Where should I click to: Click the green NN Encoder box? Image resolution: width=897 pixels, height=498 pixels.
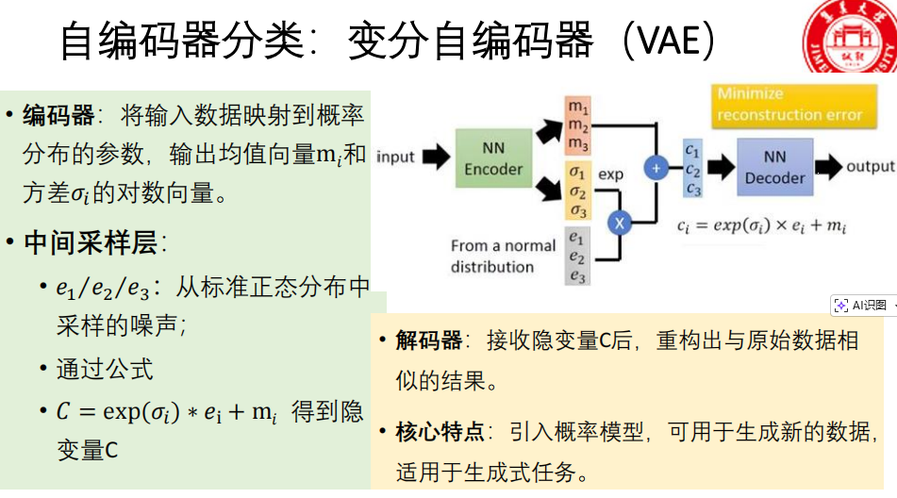493,160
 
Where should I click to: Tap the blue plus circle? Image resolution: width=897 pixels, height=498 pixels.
656,168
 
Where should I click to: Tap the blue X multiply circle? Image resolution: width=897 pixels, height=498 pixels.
620,223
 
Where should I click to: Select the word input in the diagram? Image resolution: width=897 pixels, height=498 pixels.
395,157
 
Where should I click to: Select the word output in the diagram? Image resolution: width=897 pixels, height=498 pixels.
869,167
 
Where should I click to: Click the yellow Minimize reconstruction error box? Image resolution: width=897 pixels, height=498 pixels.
789,105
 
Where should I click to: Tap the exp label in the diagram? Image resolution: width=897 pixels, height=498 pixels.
611,174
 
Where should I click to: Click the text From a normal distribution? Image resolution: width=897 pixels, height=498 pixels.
504,256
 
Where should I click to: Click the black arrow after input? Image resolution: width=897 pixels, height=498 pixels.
435,157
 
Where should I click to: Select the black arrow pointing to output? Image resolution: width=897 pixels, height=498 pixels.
828,167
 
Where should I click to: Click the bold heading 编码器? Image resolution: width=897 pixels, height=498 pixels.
58,116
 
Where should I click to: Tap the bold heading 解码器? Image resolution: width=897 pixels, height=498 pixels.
428,340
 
